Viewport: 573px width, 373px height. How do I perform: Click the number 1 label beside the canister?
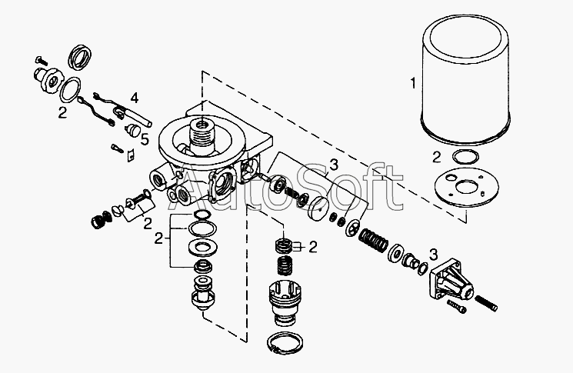tap(414, 82)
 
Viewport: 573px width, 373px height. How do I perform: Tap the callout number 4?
tap(134, 98)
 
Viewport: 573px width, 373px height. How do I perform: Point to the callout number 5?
tap(145, 140)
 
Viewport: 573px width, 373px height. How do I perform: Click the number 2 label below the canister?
tap(436, 158)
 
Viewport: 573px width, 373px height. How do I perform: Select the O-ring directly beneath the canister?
tap(463, 158)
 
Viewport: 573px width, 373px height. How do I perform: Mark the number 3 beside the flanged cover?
tap(433, 255)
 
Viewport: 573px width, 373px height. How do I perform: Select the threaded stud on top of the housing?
tap(203, 132)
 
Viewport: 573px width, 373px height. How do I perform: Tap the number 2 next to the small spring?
tap(312, 247)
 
